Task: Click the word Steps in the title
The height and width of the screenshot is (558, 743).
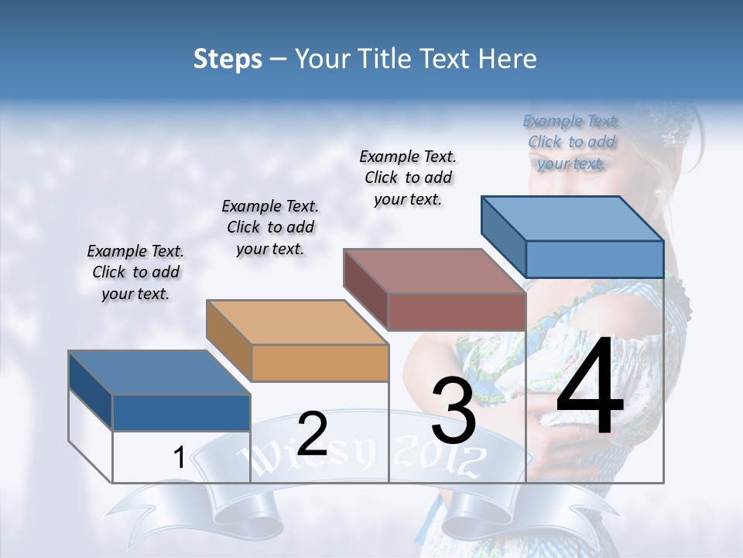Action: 228,59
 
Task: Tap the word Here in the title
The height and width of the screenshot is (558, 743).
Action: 505,59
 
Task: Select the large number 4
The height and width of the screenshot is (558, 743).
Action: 590,387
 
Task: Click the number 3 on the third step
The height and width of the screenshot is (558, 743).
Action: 454,411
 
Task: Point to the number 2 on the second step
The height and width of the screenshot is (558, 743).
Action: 312,433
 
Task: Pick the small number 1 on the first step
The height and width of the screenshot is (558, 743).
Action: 179,458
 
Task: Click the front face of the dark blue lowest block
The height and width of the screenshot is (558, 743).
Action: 181,412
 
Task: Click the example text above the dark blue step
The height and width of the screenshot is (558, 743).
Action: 135,272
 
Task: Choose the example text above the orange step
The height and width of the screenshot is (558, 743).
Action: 270,227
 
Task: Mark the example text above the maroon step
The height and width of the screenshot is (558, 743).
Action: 408,177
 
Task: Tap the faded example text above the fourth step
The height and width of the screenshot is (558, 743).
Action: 571,142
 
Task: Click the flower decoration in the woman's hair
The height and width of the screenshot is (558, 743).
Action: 670,136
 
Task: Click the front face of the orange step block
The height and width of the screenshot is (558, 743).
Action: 320,362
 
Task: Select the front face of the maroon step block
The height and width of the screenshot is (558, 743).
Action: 457,312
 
